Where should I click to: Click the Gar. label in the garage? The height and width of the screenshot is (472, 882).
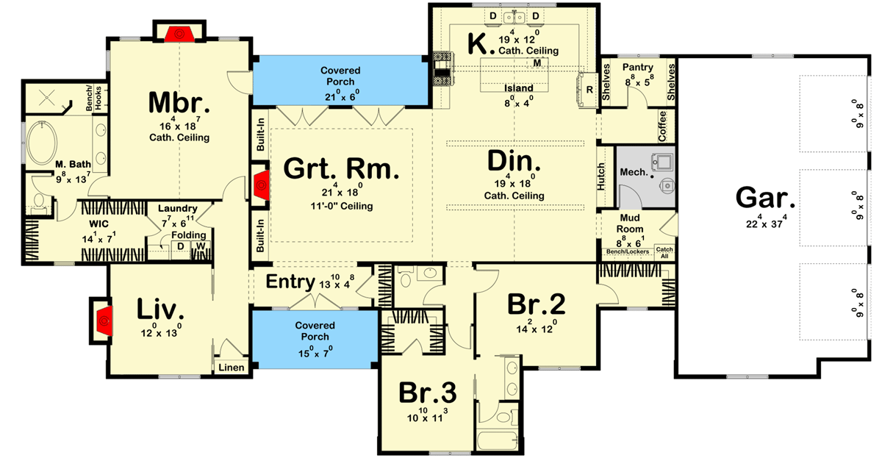[x=765, y=199]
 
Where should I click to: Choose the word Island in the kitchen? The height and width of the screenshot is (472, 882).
[x=518, y=88]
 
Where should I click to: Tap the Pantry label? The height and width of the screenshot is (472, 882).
[x=637, y=68]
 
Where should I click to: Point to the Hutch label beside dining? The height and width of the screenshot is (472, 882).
[x=601, y=176]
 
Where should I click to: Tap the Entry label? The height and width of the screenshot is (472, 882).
[x=290, y=282]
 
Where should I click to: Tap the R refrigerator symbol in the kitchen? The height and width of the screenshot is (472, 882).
[x=589, y=90]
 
